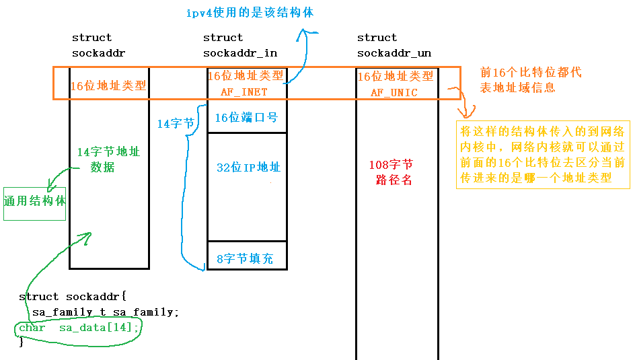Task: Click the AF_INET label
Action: (244, 92)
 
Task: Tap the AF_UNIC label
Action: (394, 93)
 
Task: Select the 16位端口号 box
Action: (247, 118)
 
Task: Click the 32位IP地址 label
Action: (248, 168)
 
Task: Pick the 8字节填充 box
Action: (247, 258)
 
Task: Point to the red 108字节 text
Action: (391, 165)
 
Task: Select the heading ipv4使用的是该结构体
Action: (250, 13)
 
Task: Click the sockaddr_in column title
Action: (239, 53)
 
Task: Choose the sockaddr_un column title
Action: (394, 53)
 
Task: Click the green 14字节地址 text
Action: (108, 152)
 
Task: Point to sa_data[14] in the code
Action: (100, 327)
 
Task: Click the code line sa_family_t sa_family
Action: (105, 312)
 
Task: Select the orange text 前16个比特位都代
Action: (530, 73)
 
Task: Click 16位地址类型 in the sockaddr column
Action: (108, 85)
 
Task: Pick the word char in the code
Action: (32, 327)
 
